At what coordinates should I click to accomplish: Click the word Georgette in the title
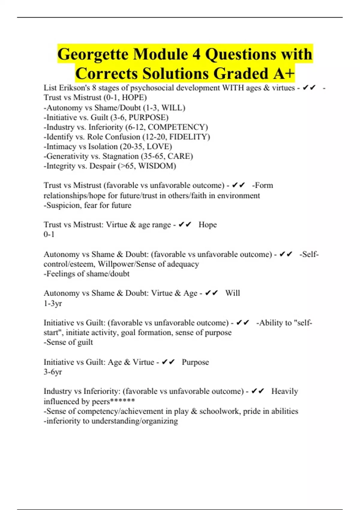[93, 54]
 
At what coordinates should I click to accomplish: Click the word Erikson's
[74, 88]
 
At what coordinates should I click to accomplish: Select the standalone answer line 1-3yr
[53, 303]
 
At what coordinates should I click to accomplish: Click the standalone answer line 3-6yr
[53, 372]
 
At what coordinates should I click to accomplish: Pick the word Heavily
[285, 391]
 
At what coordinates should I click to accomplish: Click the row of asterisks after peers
[122, 401]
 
